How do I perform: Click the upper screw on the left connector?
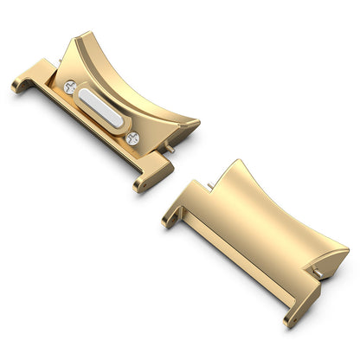tap(70, 86)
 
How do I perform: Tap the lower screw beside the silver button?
tap(132, 138)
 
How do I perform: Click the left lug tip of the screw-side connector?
tap(20, 86)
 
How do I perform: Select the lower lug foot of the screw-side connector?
tap(144, 183)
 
